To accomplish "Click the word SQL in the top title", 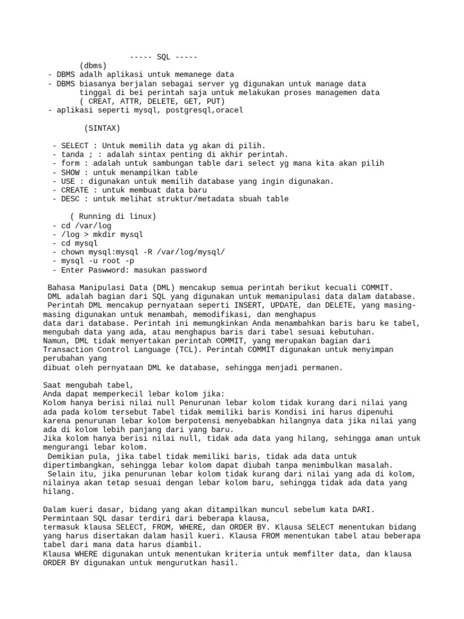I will [163, 57].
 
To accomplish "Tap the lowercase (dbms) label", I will [92, 65].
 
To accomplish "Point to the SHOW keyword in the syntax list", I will [71, 172].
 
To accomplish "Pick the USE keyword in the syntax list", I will [68, 181].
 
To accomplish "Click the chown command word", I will [71, 252].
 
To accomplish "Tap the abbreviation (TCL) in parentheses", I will [212, 349].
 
